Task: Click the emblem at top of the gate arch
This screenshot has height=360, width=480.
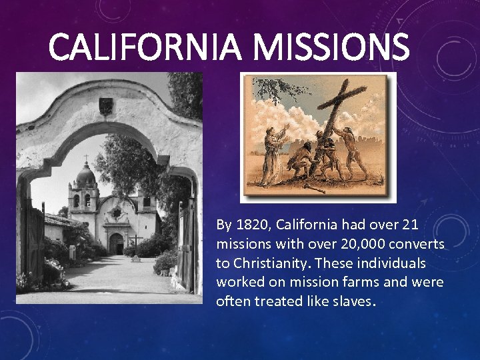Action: point(105,105)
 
